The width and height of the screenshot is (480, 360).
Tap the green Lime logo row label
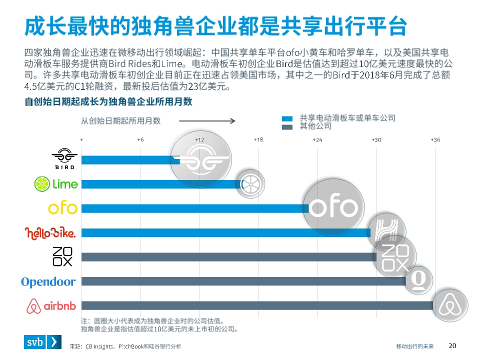[56, 184]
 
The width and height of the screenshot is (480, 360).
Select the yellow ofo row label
[62, 207]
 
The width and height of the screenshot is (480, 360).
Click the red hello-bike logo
[50, 232]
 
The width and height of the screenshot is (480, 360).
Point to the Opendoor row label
[48, 282]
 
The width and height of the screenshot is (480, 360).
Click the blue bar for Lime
[160, 184]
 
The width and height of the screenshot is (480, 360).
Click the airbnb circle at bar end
[449, 305]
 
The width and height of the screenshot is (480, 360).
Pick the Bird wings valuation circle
[200, 159]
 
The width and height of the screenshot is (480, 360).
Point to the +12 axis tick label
[199, 139]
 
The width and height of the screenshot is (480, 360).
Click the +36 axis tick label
[435, 139]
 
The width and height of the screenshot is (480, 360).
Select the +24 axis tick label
[317, 139]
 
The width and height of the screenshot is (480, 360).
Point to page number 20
[452, 345]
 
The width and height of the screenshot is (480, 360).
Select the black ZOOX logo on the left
[63, 256]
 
